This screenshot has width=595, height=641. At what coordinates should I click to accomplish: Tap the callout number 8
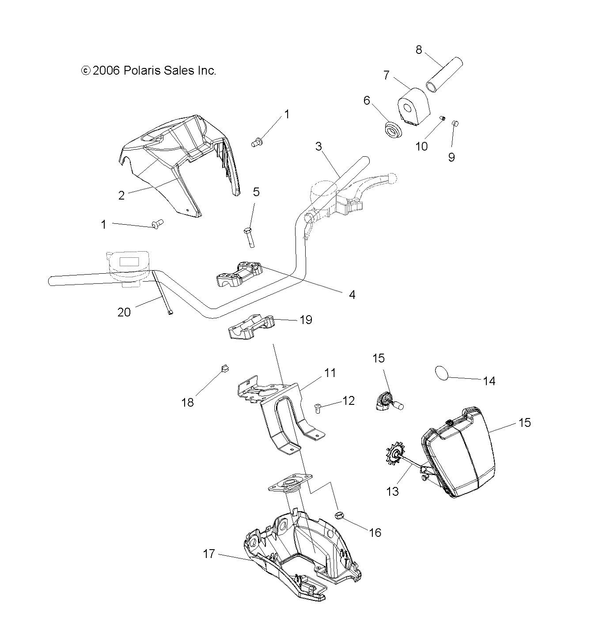coord(419,49)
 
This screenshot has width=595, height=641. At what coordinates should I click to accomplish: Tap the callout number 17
coord(208,553)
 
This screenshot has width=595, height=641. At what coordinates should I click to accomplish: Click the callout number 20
coord(124,312)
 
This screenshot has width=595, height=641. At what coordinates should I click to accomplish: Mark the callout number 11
coord(330,373)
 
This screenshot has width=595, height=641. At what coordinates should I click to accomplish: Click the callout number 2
coord(121,196)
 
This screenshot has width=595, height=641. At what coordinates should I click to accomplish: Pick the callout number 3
coord(319,146)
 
